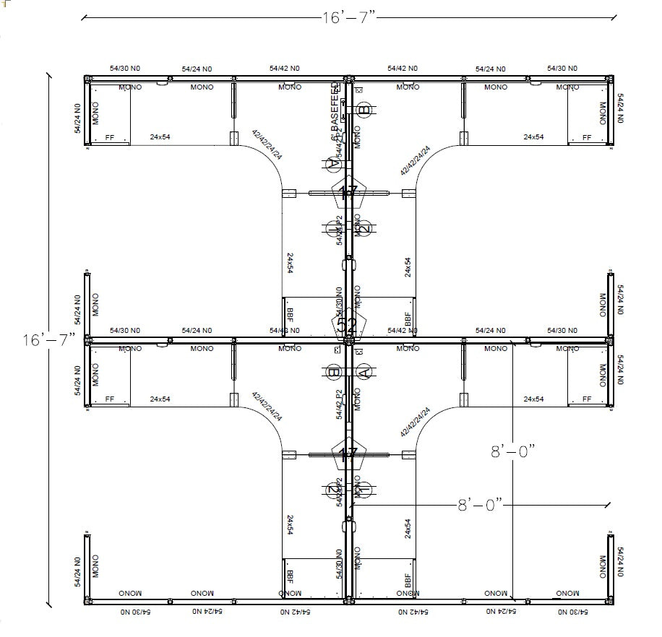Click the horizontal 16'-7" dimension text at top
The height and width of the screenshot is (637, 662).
(348, 18)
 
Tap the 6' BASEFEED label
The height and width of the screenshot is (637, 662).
(335, 112)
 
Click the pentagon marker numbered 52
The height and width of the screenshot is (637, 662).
(348, 324)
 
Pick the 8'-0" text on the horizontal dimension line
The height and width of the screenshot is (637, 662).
(479, 505)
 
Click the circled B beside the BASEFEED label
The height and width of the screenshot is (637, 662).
(364, 110)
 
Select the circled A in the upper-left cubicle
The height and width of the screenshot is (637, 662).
(334, 164)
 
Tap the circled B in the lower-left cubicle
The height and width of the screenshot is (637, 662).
(334, 373)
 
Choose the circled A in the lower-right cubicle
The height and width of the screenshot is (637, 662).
(364, 373)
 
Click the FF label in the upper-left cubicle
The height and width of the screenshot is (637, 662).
(110, 137)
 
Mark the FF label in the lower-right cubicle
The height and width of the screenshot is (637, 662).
(587, 399)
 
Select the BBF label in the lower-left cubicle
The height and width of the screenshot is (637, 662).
(290, 576)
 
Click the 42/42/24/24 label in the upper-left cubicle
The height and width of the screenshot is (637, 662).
(267, 144)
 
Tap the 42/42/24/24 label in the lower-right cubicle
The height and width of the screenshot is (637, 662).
(416, 422)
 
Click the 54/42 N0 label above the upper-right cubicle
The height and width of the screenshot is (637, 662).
(403, 69)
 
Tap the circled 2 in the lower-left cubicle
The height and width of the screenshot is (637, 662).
(334, 490)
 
